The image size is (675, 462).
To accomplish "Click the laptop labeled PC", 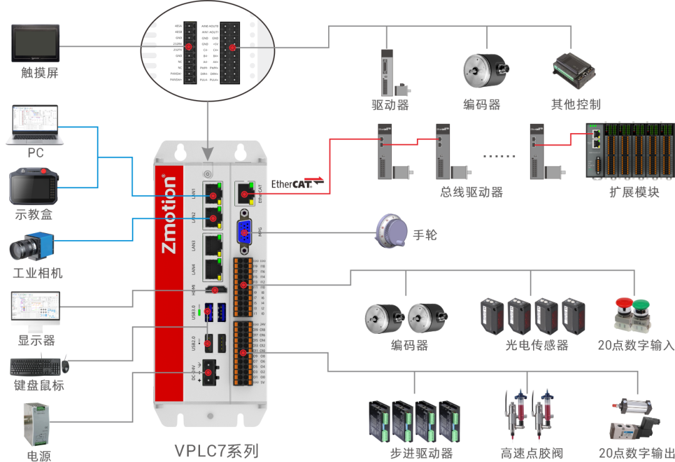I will click(x=35, y=125).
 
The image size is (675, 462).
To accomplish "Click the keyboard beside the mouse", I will click(x=35, y=366).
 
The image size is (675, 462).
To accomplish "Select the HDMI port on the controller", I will click(x=216, y=289).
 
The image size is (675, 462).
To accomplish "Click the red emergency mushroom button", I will click(x=624, y=305).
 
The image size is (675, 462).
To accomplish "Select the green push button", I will click(x=641, y=305).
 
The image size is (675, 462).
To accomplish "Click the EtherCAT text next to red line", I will click(x=291, y=183).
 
